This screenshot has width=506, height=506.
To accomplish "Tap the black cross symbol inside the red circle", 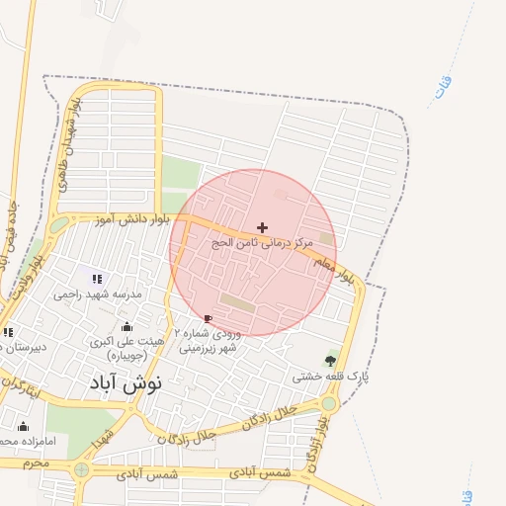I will [x=262, y=227].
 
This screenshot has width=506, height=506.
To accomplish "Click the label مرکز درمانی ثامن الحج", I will [x=262, y=242].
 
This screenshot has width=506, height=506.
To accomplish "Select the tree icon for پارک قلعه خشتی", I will [x=330, y=361].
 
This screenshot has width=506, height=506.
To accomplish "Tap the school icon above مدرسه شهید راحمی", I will [x=97, y=280].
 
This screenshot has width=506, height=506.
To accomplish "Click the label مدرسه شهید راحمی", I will [x=98, y=295].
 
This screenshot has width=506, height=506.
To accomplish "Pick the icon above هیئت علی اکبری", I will [x=126, y=327].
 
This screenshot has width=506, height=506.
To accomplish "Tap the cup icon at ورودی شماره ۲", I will [x=208, y=318].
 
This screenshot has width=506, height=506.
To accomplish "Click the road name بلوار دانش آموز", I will [x=137, y=217].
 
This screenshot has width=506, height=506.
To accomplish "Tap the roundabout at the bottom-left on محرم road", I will [x=81, y=470].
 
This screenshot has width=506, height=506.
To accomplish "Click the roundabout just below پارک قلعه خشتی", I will [x=328, y=403].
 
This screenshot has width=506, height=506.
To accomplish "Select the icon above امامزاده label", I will [x=23, y=427].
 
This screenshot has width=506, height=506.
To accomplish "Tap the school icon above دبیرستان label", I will [x=8, y=332].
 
